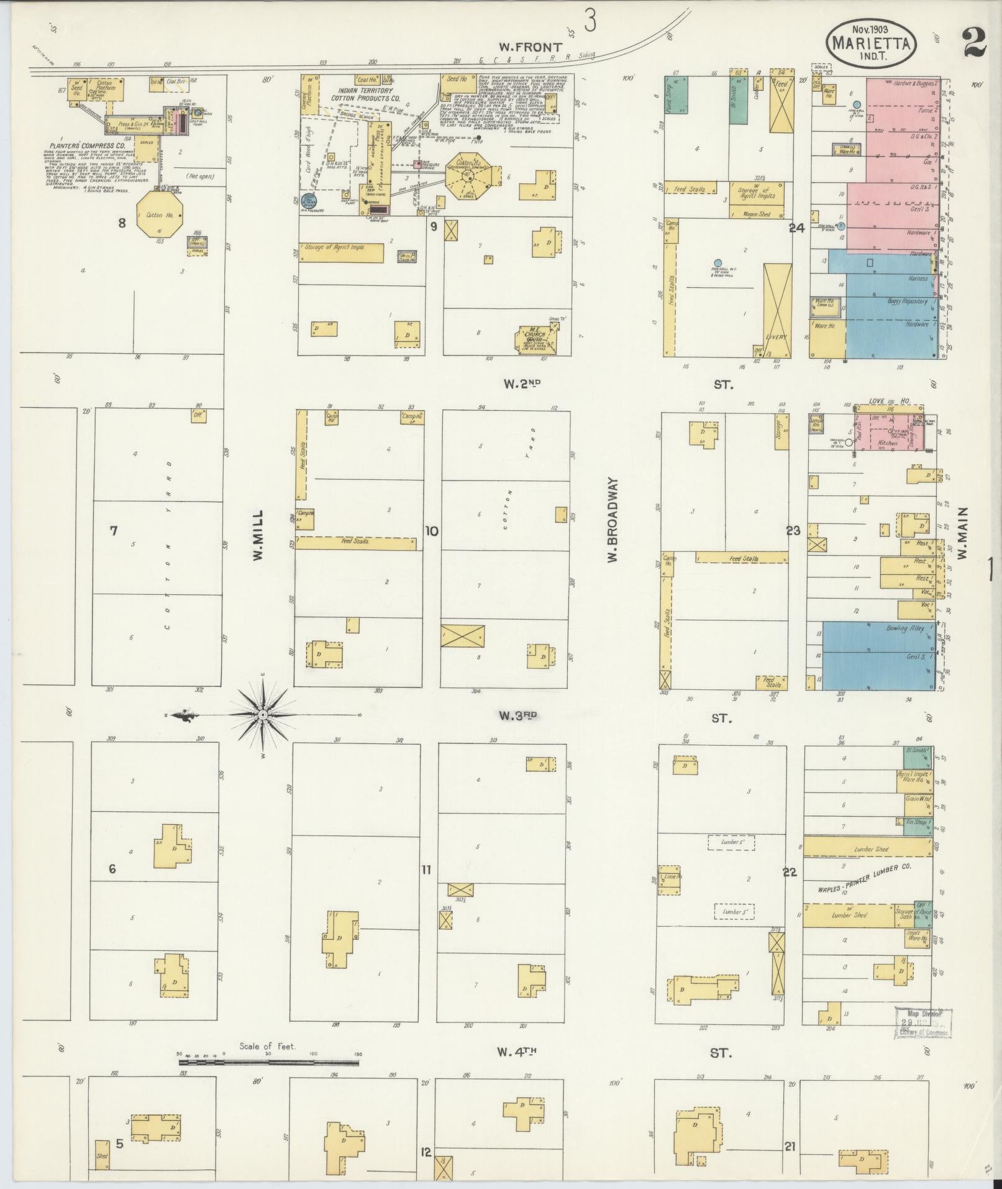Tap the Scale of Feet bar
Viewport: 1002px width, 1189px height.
pos(268,1063)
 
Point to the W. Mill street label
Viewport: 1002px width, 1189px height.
pos(258,536)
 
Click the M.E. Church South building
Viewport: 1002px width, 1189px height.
pos(535,336)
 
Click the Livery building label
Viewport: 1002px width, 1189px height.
pos(777,337)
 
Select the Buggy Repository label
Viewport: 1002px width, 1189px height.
pos(907,301)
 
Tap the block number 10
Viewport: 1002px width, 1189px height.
pos(432,531)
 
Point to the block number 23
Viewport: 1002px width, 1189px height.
pos(793,531)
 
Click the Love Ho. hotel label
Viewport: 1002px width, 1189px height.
pos(880,401)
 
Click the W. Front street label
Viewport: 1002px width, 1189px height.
pos(532,47)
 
